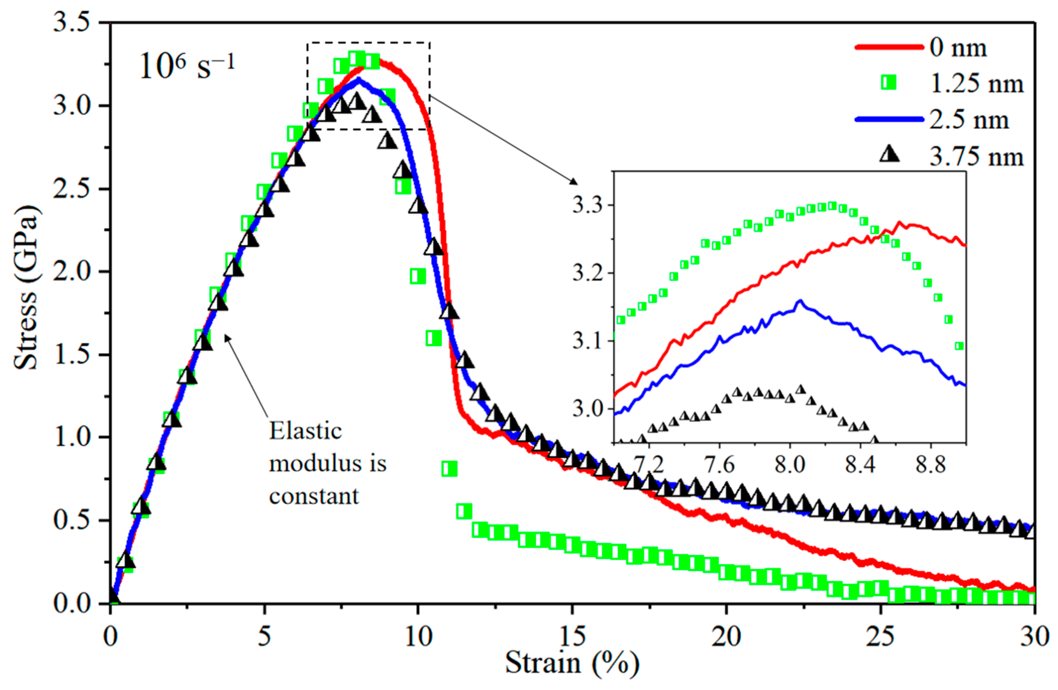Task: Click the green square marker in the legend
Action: coord(889,83)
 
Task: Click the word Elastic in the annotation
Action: coord(305,431)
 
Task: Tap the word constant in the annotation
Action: coord(313,496)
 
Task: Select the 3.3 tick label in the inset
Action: coord(587,205)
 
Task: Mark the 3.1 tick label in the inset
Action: coord(587,342)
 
